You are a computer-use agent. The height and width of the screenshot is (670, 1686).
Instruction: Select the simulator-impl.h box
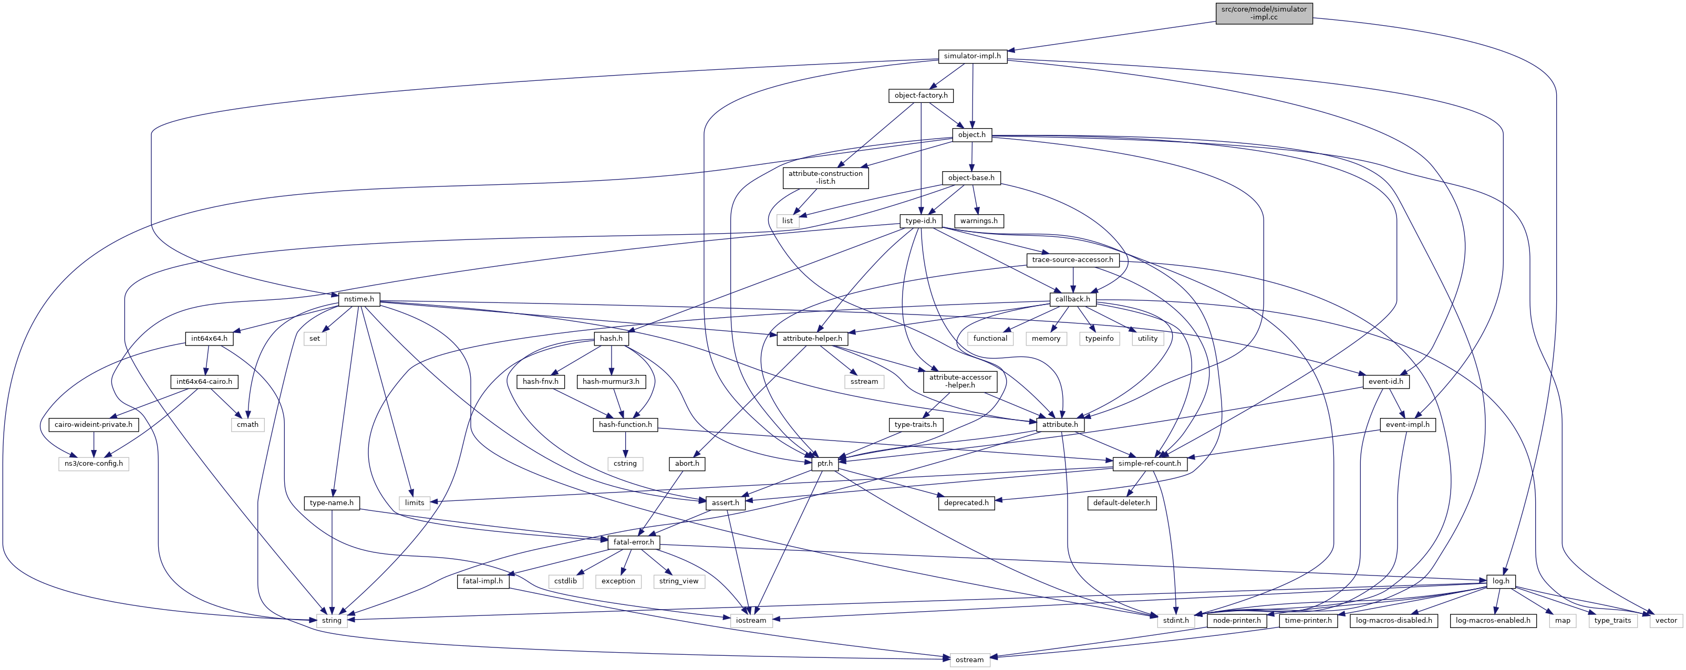(972, 56)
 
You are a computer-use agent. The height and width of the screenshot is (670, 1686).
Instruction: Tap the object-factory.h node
(920, 96)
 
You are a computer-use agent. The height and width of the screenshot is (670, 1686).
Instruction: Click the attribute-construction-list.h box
(825, 177)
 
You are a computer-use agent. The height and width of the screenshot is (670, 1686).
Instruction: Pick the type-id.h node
(920, 221)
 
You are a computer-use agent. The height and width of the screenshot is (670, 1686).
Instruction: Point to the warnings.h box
(978, 221)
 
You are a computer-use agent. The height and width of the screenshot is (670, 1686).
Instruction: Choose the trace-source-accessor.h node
(1072, 260)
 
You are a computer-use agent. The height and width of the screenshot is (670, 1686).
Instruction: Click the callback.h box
(1073, 299)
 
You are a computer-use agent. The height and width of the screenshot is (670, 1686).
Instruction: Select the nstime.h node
(359, 299)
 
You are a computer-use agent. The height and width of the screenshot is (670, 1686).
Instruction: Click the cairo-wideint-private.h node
(94, 425)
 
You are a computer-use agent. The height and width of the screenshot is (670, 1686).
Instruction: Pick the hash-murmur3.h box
(611, 381)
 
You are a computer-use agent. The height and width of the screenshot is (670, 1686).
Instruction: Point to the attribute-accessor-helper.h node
(960, 381)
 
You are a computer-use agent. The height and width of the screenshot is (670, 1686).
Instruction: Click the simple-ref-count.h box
(1150, 464)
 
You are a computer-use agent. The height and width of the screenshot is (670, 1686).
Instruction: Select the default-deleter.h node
(1121, 503)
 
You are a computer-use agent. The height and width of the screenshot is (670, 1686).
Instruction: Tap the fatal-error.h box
(633, 542)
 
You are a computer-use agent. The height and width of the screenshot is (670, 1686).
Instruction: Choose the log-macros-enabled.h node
(1492, 620)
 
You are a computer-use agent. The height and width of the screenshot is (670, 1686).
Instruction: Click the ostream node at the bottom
(969, 659)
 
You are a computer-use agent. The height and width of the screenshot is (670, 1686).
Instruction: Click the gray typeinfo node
(1099, 338)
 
